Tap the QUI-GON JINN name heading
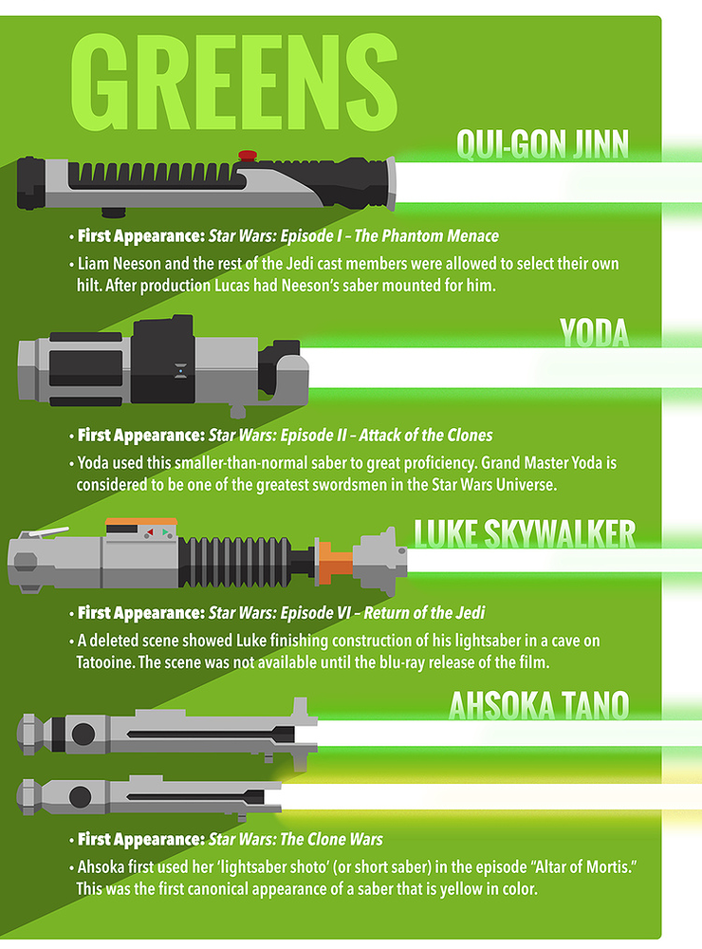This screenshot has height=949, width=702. click(x=543, y=143)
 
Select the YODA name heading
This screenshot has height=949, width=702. click(x=595, y=333)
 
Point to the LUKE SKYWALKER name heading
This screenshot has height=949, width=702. click(x=525, y=534)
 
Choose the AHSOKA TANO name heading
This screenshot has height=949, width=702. click(x=539, y=705)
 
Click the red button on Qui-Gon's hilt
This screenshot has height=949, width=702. click(x=248, y=154)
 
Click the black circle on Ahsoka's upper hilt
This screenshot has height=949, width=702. click(x=83, y=734)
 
